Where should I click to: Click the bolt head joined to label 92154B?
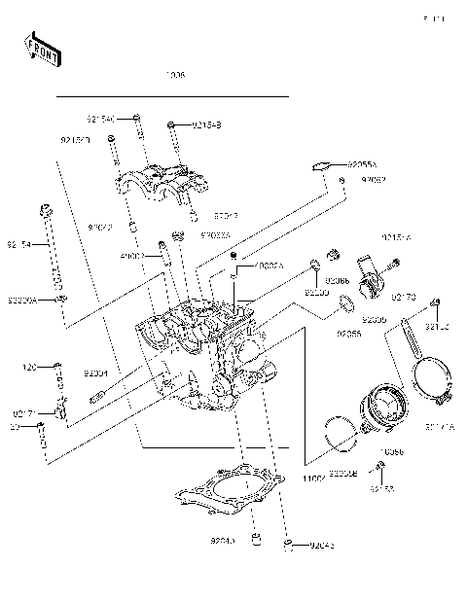171,124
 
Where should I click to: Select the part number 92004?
95,372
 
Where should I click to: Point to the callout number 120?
29,368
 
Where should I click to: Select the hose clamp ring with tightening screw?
429,382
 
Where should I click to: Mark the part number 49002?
132,257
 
